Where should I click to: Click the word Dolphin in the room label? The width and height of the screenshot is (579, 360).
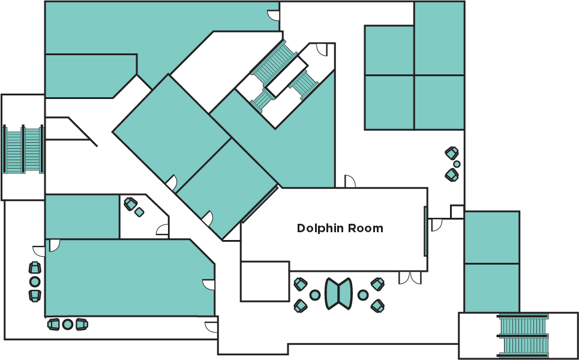pos(317,229)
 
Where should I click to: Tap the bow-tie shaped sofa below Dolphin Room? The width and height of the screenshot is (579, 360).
pos(339,293)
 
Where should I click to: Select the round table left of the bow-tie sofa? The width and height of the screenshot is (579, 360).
pos(314,295)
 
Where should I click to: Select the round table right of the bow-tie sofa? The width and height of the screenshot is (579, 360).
pos(363,295)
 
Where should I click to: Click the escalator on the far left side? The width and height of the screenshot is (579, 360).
pos(23,149)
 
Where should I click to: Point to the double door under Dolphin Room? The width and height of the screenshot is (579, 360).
pos(410,277)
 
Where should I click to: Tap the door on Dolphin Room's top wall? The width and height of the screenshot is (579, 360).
pos(350,181)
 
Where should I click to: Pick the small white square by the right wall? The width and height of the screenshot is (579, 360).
pos(457,212)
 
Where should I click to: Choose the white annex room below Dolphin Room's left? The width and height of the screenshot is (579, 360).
pos(265,281)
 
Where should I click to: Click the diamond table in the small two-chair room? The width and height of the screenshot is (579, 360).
pos(139,212)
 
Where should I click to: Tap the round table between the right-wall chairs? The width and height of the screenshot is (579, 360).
pos(457,164)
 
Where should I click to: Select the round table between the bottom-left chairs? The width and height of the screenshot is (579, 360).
pos(68,324)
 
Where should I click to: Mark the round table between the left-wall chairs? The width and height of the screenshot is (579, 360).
pos(35,281)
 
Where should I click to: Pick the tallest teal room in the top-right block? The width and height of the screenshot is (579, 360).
pos(439,38)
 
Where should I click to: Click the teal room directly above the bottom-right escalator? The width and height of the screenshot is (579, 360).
pos(491,287)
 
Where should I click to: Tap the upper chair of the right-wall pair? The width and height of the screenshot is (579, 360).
pos(452,153)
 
